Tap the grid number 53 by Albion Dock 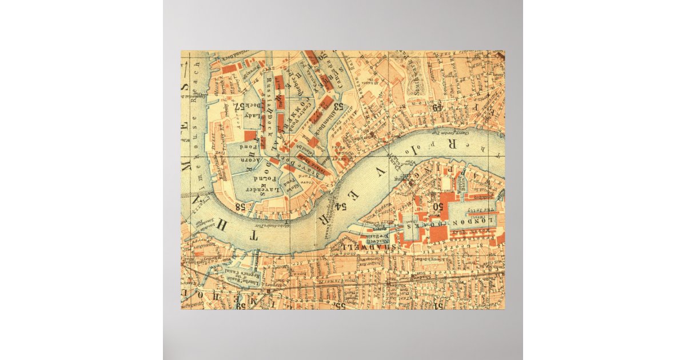point(338,106)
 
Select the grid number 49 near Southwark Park point(437,107)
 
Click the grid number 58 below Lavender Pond point(239,206)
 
